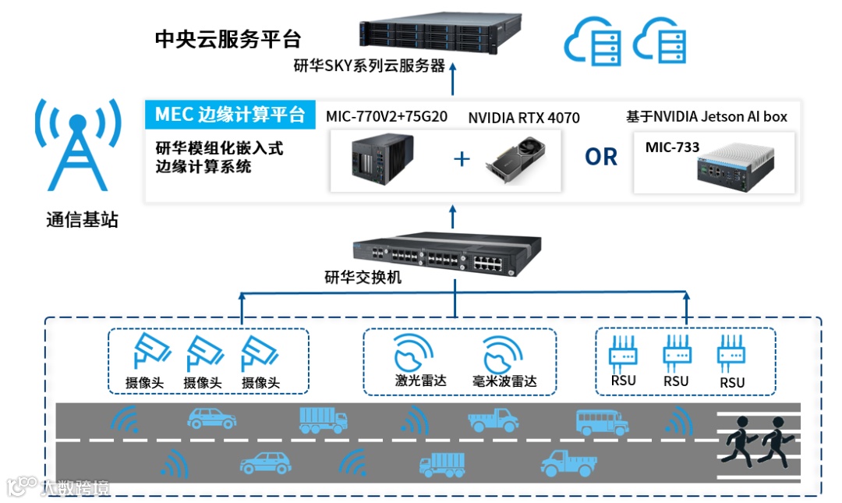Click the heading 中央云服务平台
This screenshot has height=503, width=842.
coord(228,38)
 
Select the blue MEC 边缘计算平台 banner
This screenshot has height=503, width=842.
coord(229,115)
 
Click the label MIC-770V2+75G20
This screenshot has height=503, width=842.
coord(386,117)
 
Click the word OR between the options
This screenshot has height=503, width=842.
coord(601,157)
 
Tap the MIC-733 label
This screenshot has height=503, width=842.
coord(672,147)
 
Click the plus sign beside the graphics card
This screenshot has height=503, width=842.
coord(462,159)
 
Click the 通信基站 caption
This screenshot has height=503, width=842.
coord(82,220)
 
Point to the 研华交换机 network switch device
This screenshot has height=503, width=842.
coord(437,253)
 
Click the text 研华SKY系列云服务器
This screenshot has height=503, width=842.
coord(369,66)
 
